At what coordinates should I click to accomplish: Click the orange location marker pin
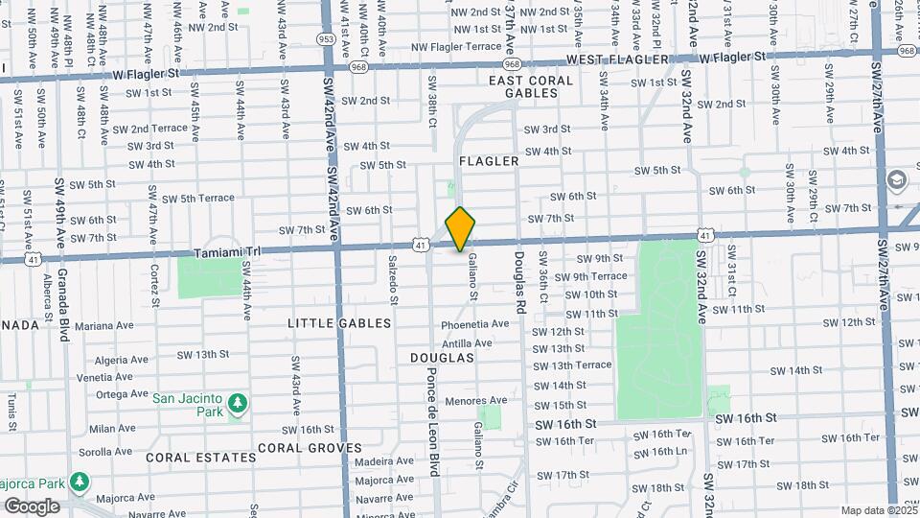(x=461, y=228)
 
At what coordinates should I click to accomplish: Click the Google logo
(x=32, y=506)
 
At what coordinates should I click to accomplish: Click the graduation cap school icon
(x=897, y=179)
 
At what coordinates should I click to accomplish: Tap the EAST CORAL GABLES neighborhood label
(x=523, y=86)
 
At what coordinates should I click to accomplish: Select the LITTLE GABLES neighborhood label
(x=339, y=323)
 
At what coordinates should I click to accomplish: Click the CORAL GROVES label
(x=309, y=448)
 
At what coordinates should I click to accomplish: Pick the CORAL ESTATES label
(x=201, y=458)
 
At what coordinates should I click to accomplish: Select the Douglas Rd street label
(x=520, y=283)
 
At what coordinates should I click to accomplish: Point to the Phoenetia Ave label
(x=474, y=324)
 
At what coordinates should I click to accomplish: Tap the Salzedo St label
(x=393, y=279)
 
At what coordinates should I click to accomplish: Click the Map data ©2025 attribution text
(x=878, y=510)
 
